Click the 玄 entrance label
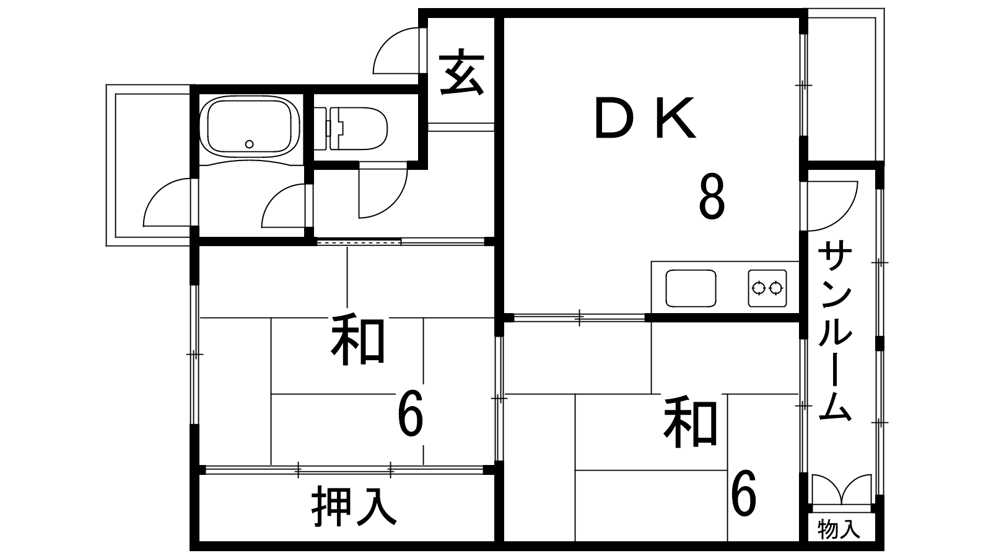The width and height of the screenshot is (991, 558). click(x=461, y=72)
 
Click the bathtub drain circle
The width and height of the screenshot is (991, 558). click(x=250, y=144)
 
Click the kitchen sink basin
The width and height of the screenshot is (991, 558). click(x=691, y=288)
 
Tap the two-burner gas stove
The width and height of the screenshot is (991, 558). click(x=767, y=288)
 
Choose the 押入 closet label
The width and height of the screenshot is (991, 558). click(x=354, y=506)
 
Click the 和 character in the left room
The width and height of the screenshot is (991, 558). click(x=357, y=339)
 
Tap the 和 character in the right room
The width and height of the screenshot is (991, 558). click(x=690, y=422)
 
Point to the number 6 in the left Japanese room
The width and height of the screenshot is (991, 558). click(x=411, y=414)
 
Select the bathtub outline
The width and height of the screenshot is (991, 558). click(x=250, y=126)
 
